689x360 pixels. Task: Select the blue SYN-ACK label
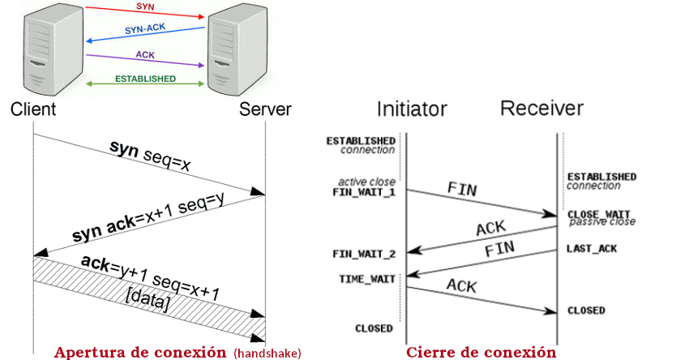coord(143,29)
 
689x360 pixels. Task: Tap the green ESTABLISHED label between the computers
coord(145,79)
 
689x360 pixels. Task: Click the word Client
coord(33,109)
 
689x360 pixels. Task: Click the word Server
coord(264,109)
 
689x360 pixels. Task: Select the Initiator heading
coord(412,109)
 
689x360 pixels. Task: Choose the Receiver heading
coord(541,108)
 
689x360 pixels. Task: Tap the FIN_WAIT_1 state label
coord(364,193)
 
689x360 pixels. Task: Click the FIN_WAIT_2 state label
coord(364,255)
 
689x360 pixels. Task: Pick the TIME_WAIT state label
coord(366,279)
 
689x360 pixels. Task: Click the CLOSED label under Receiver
coord(586,311)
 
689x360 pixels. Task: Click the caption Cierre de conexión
coord(481,352)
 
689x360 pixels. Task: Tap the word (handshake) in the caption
coord(267,353)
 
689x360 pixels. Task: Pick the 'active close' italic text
coord(366,182)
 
